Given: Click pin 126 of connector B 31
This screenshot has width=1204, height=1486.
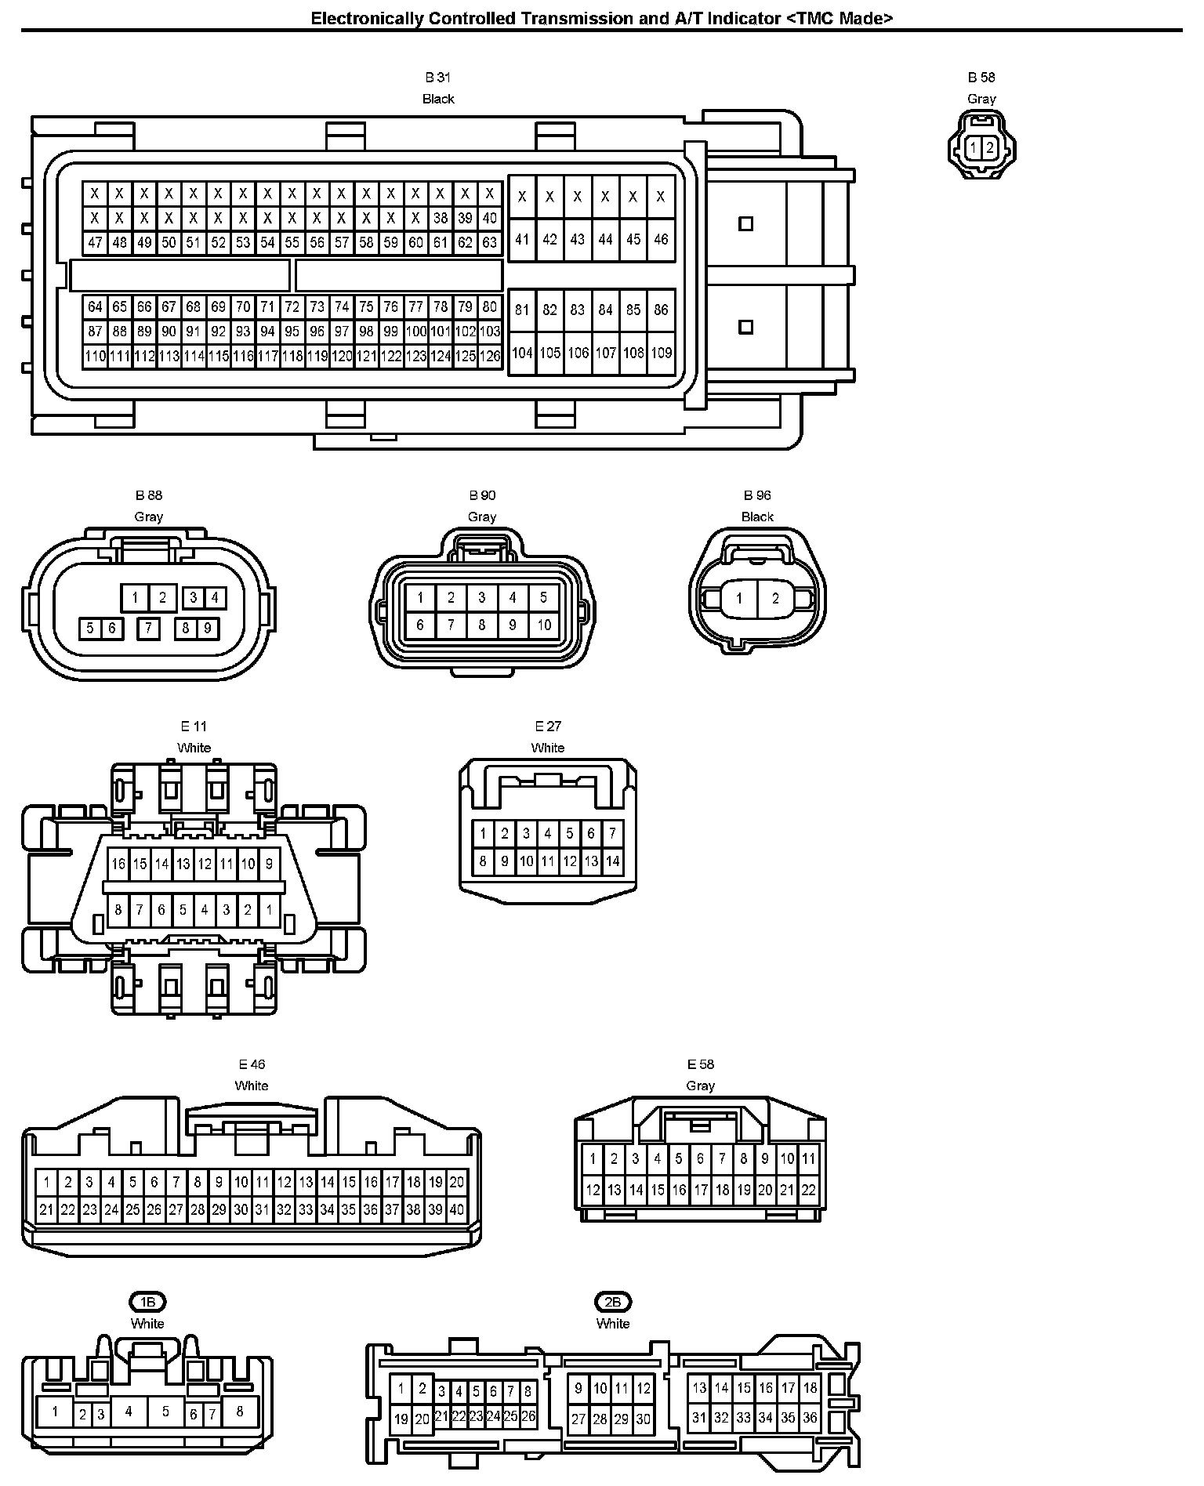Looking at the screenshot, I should [490, 357].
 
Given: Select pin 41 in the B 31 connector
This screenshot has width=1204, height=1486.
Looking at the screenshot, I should [522, 239].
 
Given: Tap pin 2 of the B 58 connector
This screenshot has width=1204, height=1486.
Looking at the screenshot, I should [990, 147].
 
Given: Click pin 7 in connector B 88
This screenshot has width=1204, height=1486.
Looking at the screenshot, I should [147, 628].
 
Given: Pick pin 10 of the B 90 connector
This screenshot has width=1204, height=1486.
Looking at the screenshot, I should [543, 625].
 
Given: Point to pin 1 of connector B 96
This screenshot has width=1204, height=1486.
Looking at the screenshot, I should [738, 599].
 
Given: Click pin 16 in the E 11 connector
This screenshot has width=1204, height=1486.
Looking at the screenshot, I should [118, 864].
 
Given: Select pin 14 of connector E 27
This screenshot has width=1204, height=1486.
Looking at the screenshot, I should [612, 861].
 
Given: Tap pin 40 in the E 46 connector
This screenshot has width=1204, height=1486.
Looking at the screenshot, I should [456, 1209].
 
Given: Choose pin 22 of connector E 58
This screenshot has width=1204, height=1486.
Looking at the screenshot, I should [808, 1190].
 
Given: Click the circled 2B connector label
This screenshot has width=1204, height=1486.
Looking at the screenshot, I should [613, 1303].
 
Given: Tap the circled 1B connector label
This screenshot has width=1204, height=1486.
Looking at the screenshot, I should [147, 1303].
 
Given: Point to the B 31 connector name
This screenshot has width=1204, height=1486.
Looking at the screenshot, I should [438, 78].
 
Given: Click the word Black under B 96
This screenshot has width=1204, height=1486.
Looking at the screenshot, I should [757, 517].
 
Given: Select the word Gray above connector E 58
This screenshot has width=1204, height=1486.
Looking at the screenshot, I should [700, 1086].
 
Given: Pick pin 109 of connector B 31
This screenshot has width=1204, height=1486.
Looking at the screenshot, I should [661, 353].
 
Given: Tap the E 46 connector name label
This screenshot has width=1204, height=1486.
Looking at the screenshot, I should [252, 1064].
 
